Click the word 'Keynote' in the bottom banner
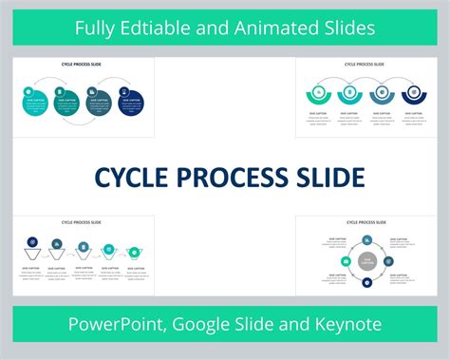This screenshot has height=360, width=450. tap(347, 324)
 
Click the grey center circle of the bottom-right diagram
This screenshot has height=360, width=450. tap(366, 261)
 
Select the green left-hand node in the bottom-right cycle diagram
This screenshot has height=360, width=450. tap(346, 261)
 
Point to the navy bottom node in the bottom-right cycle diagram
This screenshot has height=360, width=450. tap(366, 281)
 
